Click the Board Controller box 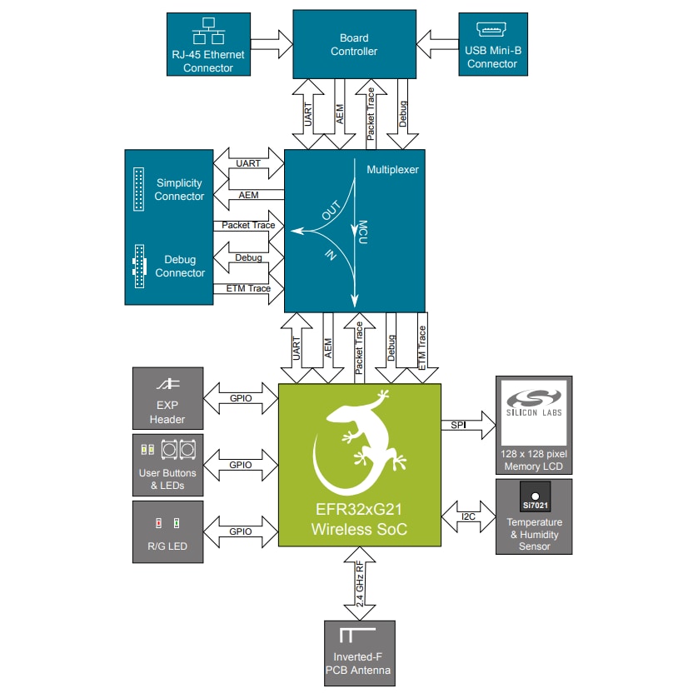(x=355, y=44)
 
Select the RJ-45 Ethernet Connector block (x=208, y=45)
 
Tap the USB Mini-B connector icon (x=492, y=31)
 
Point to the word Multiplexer (x=392, y=169)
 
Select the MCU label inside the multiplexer (x=363, y=232)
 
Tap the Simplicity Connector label (x=179, y=190)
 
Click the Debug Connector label (x=179, y=267)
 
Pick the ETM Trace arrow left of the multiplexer (x=248, y=289)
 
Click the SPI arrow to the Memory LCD (x=467, y=426)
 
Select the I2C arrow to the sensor (x=468, y=517)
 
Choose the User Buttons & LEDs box (x=167, y=464)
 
